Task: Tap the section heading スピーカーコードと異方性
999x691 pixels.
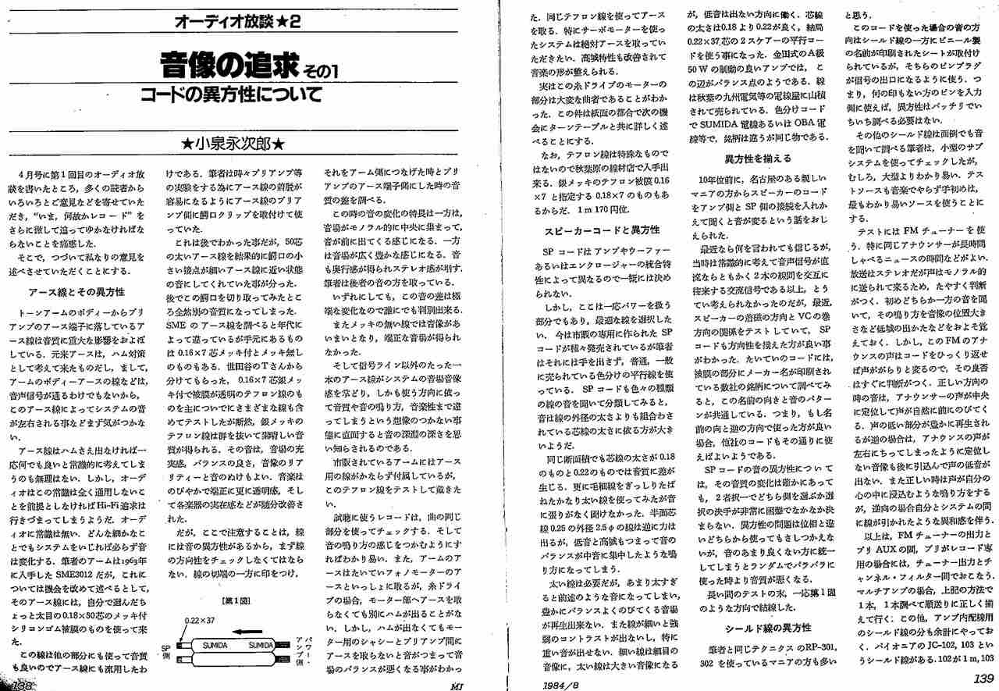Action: click(602, 230)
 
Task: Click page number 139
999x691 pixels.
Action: click(983, 679)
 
